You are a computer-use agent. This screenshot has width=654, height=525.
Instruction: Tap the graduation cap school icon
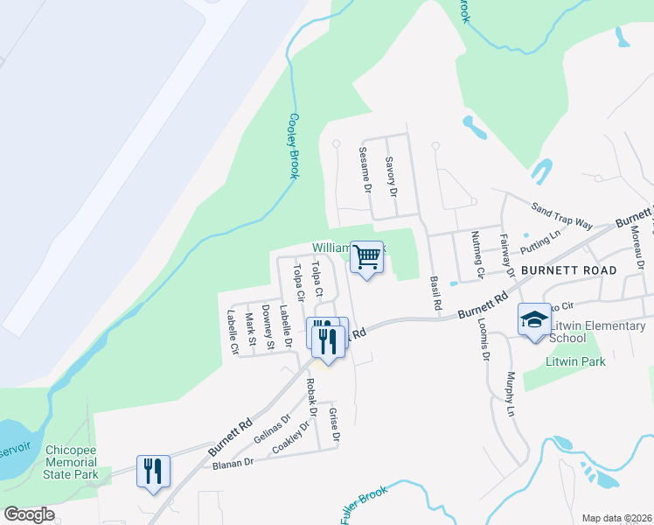(534, 320)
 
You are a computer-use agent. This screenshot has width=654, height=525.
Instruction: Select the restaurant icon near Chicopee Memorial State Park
(154, 472)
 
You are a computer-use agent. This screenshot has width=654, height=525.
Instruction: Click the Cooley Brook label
(294, 146)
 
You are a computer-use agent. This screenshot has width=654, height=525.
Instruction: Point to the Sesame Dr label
(366, 170)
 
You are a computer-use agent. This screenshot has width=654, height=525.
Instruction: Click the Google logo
(29, 514)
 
